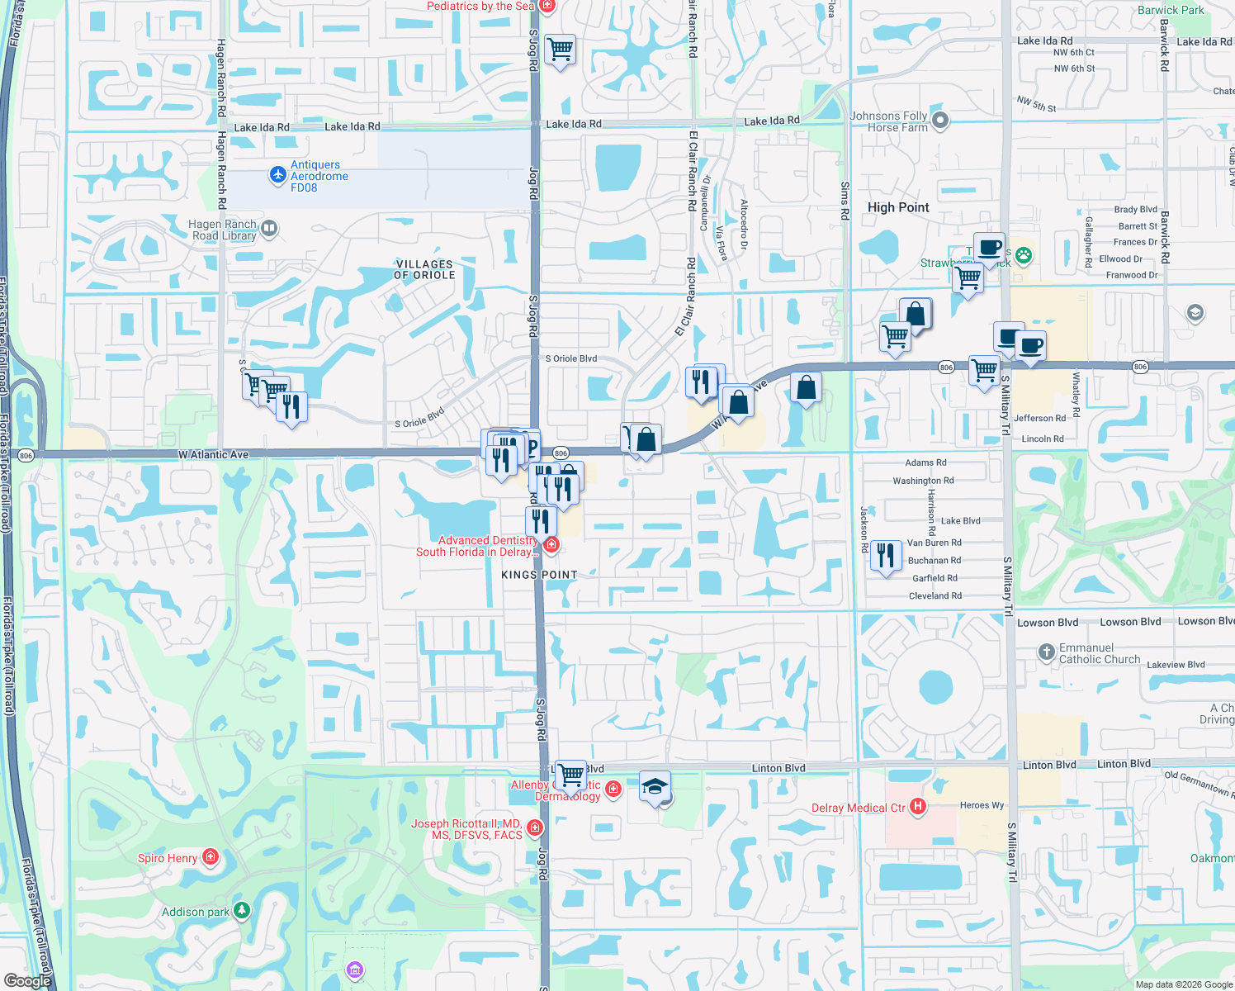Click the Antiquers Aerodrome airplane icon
[278, 175]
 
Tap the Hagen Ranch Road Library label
[223, 230]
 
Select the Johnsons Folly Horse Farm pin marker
[939, 121]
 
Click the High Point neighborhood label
[898, 207]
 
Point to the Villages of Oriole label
[424, 269]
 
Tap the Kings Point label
[539, 575]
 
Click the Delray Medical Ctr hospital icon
[917, 807]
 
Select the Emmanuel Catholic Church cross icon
[1046, 652]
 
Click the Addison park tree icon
[241, 911]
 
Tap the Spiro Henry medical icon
[211, 857]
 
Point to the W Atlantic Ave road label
[213, 455]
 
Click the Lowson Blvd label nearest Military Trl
[1048, 623]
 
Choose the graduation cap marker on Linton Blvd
[655, 787]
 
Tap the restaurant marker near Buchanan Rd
[885, 556]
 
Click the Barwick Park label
[1171, 10]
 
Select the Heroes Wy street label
[982, 805]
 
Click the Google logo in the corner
[27, 980]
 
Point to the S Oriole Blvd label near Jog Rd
[571, 358]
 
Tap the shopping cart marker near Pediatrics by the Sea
[561, 50]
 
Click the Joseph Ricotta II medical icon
[535, 827]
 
